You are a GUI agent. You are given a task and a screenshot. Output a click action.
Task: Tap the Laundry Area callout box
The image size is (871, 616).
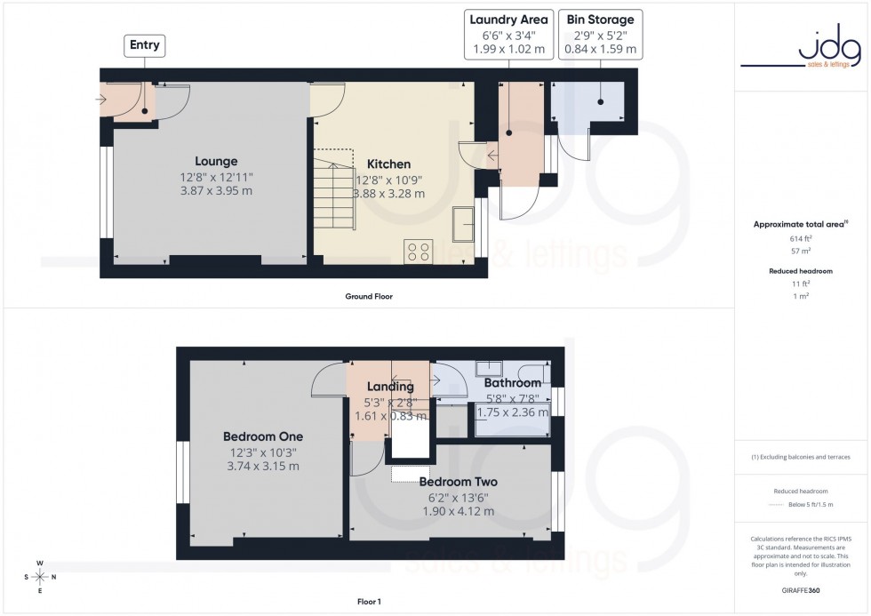[509, 34]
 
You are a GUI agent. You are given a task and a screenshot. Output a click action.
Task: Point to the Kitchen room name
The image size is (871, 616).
[389, 164]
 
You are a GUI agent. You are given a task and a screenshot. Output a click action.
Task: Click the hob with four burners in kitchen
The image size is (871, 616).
[418, 252]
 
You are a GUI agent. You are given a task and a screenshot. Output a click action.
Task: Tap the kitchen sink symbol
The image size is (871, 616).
[463, 225]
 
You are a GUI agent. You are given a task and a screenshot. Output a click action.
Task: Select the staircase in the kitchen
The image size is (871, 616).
[334, 187]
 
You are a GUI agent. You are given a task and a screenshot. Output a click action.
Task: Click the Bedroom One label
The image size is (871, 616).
[262, 436]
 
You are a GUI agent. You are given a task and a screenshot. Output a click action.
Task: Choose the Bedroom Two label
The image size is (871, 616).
[458, 482]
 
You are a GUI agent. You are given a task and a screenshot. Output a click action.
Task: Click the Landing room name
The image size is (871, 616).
[391, 387]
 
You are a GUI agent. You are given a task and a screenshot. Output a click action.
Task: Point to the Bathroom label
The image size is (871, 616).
[512, 383]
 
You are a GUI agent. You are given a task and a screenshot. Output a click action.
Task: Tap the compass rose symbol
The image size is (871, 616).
[40, 577]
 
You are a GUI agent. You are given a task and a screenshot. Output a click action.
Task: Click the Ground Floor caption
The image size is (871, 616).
[368, 296]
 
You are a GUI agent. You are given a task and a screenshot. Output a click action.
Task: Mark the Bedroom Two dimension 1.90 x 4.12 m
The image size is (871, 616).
[458, 511]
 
